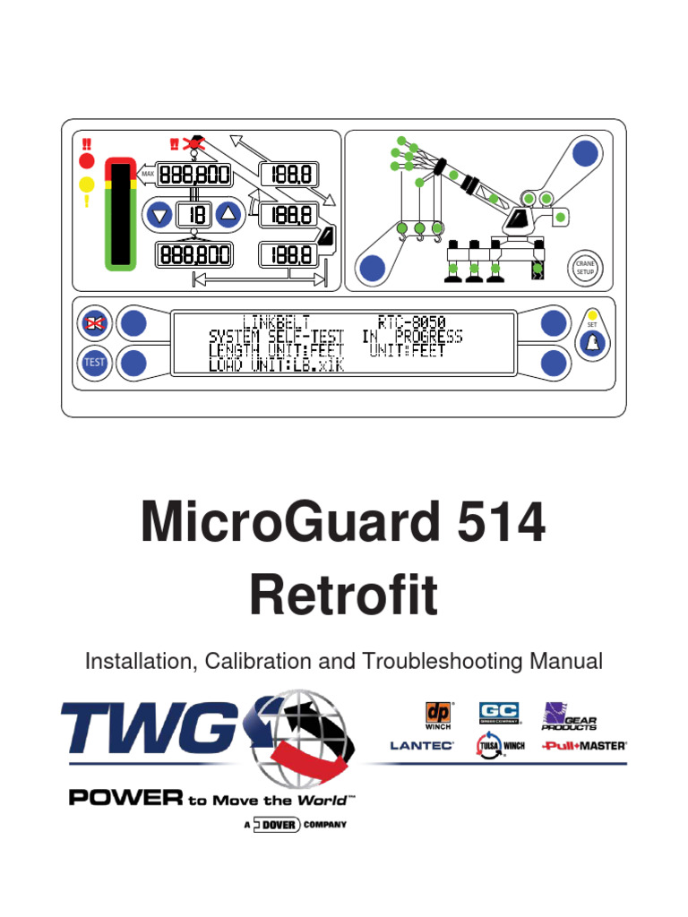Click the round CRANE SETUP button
point(585,266)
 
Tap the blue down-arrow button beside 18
point(159,214)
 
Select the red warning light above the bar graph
point(87,161)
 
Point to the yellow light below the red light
point(87,185)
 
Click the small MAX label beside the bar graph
point(148,174)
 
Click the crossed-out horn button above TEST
point(94,323)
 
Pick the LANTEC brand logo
point(422,745)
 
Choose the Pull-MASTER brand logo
point(584,745)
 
